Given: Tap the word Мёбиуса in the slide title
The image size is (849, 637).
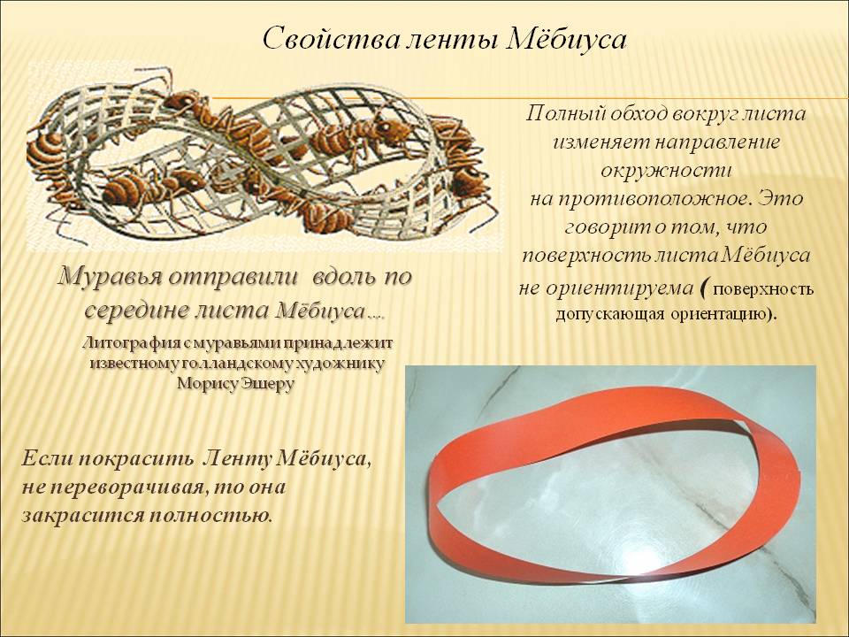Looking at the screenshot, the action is (566, 39).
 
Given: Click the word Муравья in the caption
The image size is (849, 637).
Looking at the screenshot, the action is (110, 277).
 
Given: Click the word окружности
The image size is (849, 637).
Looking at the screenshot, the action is (667, 171).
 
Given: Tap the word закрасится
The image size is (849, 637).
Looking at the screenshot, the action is (80, 516).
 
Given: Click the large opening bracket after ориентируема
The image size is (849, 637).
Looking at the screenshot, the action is (704, 288).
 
